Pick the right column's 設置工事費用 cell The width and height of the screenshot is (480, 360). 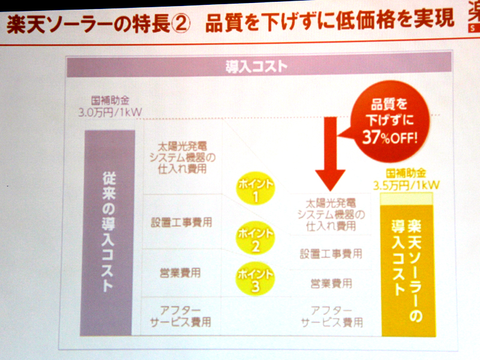coord(331,254)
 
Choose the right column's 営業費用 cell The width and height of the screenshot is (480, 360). coord(331,283)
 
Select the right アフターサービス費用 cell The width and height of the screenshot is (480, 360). coord(331,316)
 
